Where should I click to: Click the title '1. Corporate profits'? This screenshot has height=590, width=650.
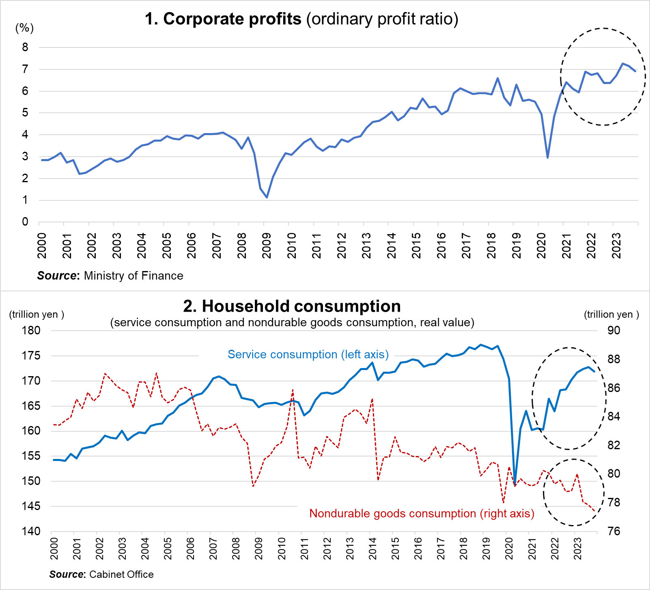pyautogui.click(x=223, y=19)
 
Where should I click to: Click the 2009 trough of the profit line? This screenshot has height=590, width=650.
pyautogui.click(x=267, y=198)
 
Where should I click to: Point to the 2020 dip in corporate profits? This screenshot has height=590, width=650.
pyautogui.click(x=548, y=157)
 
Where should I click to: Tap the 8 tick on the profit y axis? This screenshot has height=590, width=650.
pyautogui.click(x=25, y=47)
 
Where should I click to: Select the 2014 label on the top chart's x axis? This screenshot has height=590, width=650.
pyautogui.click(x=391, y=246)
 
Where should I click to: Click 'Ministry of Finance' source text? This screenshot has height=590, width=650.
pyautogui.click(x=133, y=276)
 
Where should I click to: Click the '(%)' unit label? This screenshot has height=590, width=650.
pyautogui.click(x=24, y=28)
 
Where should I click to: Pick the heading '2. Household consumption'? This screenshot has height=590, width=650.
pyautogui.click(x=292, y=306)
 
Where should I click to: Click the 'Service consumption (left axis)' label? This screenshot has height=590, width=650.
pyautogui.click(x=308, y=355)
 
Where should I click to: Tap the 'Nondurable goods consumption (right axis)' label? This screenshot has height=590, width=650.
pyautogui.click(x=422, y=514)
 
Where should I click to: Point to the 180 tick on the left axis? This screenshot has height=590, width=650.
pyautogui.click(x=31, y=330)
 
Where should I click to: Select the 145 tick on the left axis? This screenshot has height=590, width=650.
pyautogui.click(x=31, y=506)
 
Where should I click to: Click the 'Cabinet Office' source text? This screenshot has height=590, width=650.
pyautogui.click(x=121, y=575)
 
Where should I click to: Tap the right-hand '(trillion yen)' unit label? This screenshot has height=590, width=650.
pyautogui.click(x=611, y=314)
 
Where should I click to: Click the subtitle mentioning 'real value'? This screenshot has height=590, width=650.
pyautogui.click(x=292, y=323)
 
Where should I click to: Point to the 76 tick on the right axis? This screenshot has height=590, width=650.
pyautogui.click(x=614, y=531)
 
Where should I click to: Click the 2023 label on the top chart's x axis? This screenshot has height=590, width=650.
pyautogui.click(x=616, y=246)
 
